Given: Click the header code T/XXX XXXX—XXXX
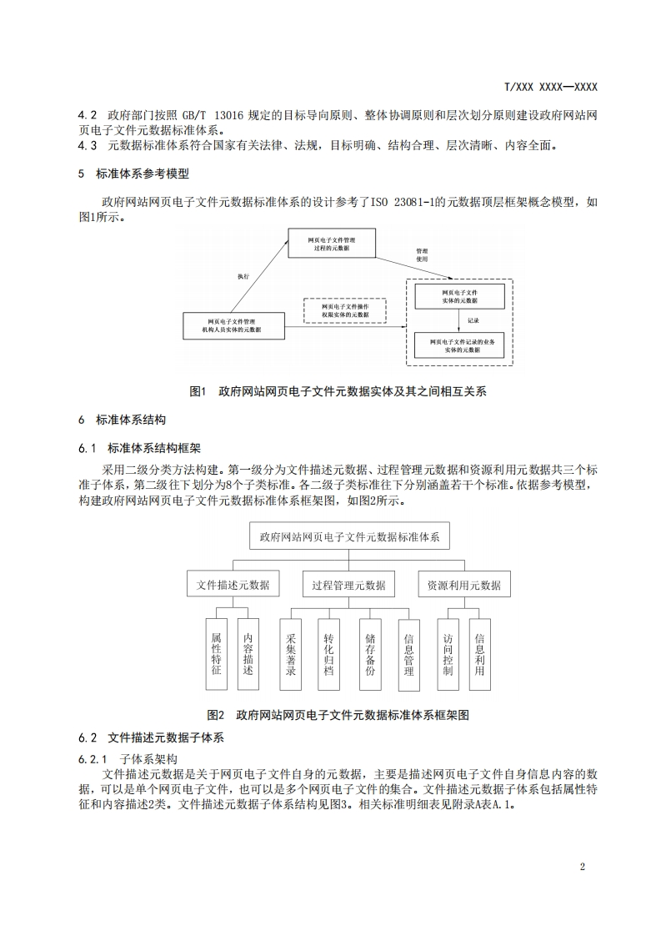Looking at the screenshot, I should click(551, 87).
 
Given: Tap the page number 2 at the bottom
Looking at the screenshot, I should click(582, 866).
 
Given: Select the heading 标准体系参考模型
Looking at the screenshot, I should click(143, 174).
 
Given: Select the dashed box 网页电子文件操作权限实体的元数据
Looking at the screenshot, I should click(344, 310).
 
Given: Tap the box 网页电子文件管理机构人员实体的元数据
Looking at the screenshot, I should click(234, 325).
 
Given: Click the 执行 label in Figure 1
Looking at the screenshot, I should click(243, 275).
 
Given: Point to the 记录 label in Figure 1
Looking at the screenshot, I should click(473, 320).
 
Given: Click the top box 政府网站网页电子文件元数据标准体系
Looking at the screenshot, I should click(349, 536).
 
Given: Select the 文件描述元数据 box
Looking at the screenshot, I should click(233, 585).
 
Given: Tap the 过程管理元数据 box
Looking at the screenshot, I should click(348, 585).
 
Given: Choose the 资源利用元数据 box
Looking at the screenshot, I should click(463, 585).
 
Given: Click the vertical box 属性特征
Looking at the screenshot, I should click(217, 653).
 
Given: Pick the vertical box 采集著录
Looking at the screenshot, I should click(291, 653).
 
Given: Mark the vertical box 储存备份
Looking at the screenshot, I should click(370, 653).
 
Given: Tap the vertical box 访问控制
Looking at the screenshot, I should click(448, 653).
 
